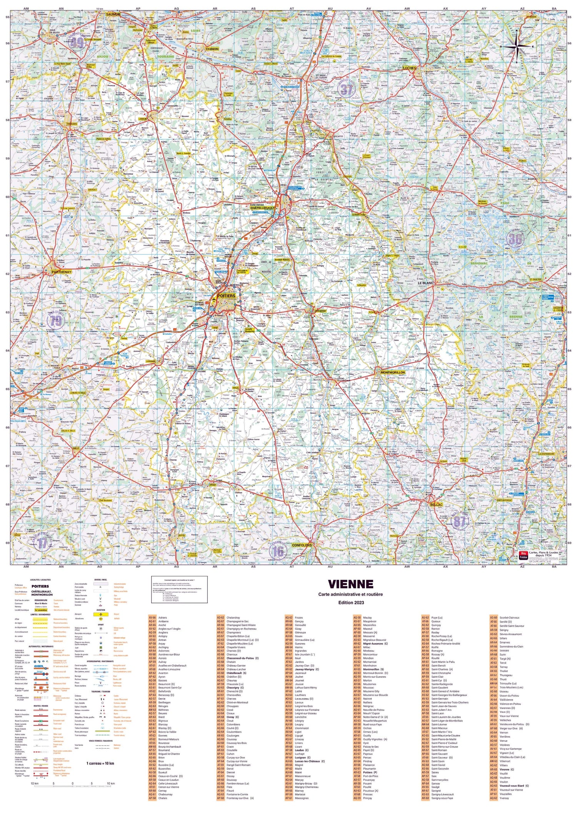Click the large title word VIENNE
(x=350, y=584)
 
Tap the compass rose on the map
(x=517, y=46)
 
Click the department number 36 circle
(x=515, y=239)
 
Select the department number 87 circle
(x=459, y=522)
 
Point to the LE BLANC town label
(x=425, y=283)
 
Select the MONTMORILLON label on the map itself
(x=392, y=373)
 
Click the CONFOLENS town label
(x=302, y=545)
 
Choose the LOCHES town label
(x=409, y=68)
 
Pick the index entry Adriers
(x=163, y=618)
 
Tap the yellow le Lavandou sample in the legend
(x=41, y=610)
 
